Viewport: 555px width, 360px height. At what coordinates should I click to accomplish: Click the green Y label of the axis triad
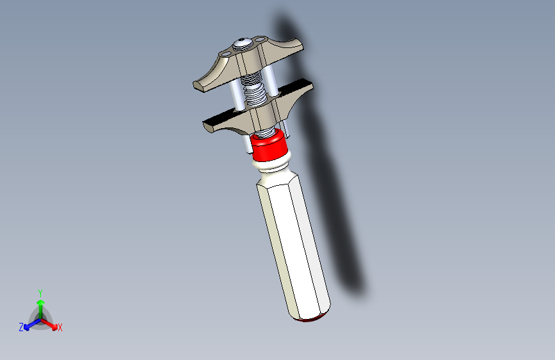click(x=40, y=292)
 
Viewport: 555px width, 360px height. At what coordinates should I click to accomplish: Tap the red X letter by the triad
click(x=60, y=328)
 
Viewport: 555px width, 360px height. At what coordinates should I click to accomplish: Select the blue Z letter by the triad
click(x=21, y=327)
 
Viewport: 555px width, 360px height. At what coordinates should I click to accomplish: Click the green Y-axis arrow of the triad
click(x=40, y=306)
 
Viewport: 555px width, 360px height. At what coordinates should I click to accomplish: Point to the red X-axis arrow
click(x=51, y=323)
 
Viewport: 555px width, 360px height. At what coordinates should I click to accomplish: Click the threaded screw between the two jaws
click(x=256, y=94)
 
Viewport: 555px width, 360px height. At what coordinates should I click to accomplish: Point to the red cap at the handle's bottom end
click(x=312, y=318)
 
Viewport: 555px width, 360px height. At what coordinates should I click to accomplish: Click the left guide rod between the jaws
click(x=237, y=96)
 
